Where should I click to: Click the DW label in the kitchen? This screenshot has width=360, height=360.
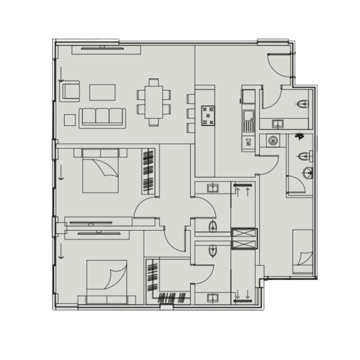click(x=248, y=143)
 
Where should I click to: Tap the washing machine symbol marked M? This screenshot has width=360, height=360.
click(x=273, y=141)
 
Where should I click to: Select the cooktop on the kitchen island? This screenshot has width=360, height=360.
click(x=208, y=115)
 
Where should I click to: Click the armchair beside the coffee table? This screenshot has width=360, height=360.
click(x=71, y=91)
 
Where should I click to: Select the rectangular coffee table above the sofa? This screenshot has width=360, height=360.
click(x=102, y=92)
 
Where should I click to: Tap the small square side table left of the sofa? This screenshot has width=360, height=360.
click(x=70, y=120)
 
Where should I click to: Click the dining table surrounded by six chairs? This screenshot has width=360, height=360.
click(x=154, y=102)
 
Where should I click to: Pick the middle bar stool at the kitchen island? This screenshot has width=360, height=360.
click(x=191, y=113)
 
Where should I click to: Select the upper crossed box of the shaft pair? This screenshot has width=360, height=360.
click(x=244, y=234)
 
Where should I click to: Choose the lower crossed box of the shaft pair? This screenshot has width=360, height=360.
click(x=244, y=244)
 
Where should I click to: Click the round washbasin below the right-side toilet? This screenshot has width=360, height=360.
click(x=307, y=173)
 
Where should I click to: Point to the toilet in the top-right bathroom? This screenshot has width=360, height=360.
click(x=304, y=104)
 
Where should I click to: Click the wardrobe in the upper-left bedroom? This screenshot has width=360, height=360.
click(x=149, y=171)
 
